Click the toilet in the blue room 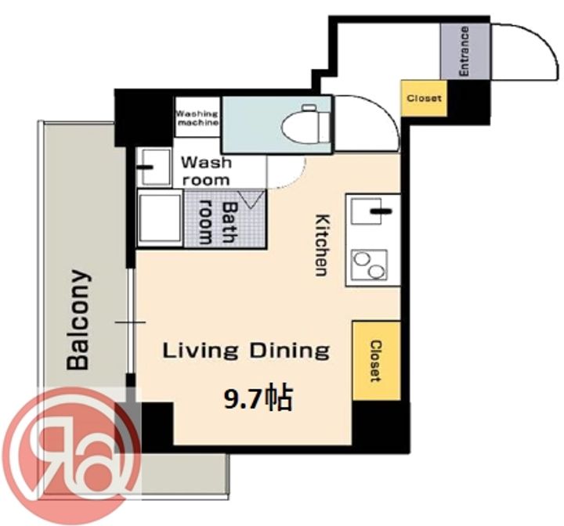pyautogui.click(x=306, y=124)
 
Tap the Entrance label pyautogui.click(x=464, y=51)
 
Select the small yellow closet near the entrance pyautogui.click(x=424, y=98)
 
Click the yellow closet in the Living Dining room pyautogui.click(x=376, y=360)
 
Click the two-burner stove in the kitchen pyautogui.click(x=370, y=265)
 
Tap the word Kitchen pyautogui.click(x=322, y=245)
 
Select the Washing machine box pyautogui.click(x=197, y=117)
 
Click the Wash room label pyautogui.click(x=206, y=171)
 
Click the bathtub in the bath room pyautogui.click(x=160, y=218)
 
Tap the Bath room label pyautogui.click(x=219, y=223)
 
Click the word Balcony pyautogui.click(x=78, y=319)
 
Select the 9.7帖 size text pyautogui.click(x=258, y=398)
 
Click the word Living pyautogui.click(x=201, y=351)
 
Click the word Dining pyautogui.click(x=290, y=351)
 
